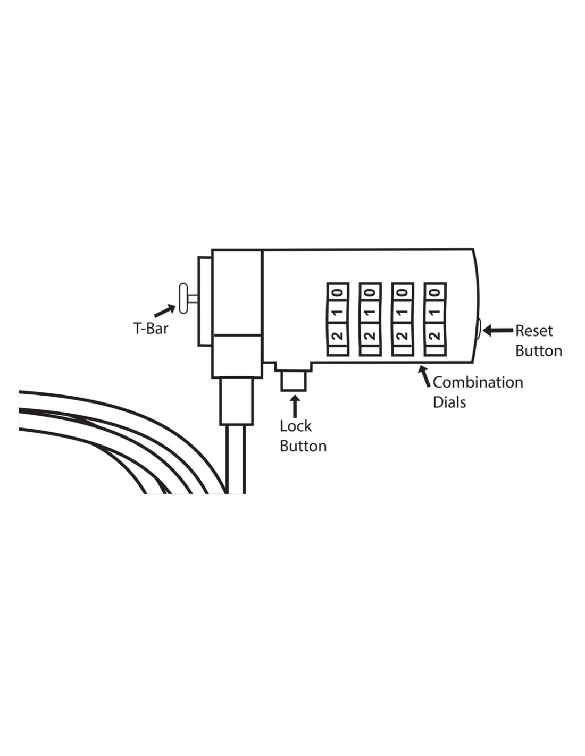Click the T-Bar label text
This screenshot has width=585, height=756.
pos(151,327)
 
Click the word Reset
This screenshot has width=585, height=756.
pos(533,331)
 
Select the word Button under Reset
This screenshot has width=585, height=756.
pos(538,351)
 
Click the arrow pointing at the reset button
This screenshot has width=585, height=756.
pos(499,330)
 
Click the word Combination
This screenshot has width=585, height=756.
pos(478,382)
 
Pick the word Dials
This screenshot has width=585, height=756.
pos(449,402)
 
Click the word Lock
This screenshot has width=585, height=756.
pos(296,426)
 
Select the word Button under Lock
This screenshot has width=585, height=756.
pos(303,447)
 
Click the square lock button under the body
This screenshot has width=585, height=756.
pos(294,381)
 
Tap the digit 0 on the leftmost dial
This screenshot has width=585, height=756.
pos(338,292)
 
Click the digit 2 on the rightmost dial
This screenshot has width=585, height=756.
pos(435,335)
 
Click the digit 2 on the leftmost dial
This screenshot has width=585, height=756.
pos(338,335)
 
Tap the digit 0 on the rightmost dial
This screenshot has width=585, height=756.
pos(435,292)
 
